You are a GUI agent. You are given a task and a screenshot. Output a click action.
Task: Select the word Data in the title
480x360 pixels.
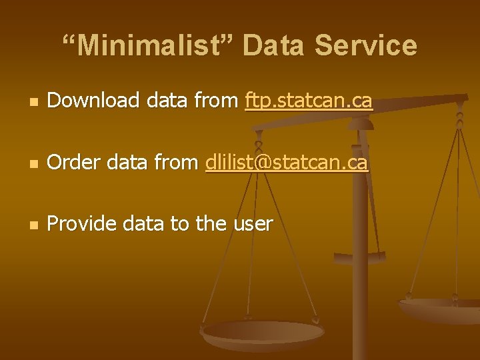click(274, 46)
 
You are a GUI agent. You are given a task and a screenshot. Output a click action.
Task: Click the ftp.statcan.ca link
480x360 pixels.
click(309, 101)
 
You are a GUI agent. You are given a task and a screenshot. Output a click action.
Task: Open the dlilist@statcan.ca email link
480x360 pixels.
click(287, 162)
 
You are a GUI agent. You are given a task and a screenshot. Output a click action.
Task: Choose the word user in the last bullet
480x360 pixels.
click(253, 224)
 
